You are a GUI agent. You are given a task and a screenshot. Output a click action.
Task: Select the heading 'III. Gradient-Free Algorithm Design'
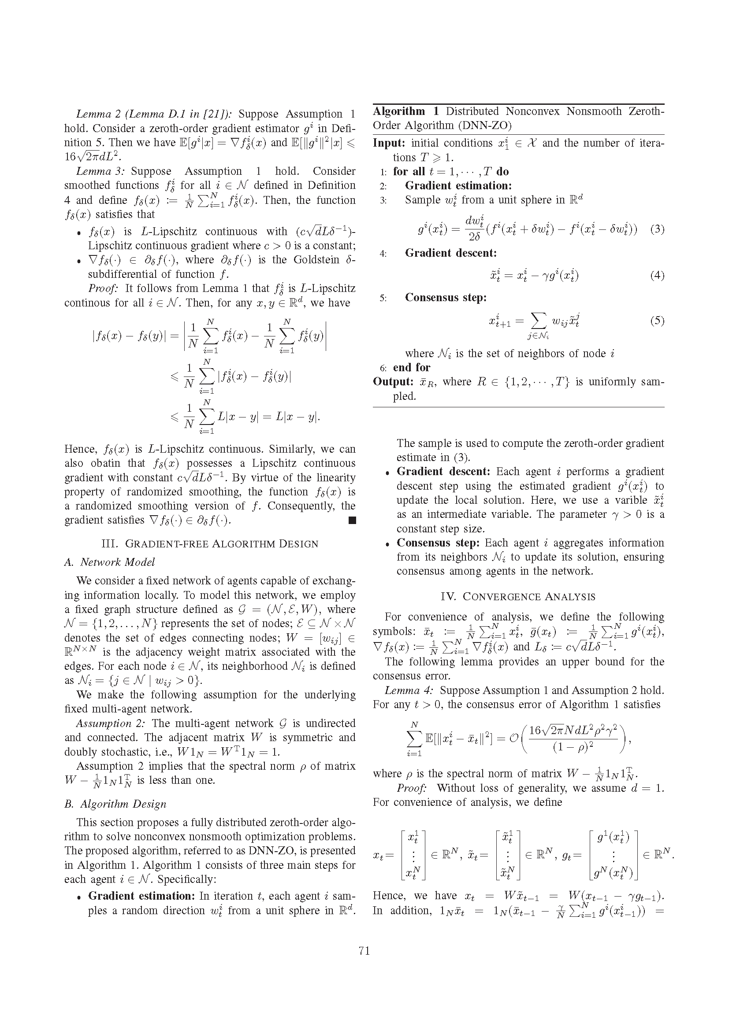(210, 544)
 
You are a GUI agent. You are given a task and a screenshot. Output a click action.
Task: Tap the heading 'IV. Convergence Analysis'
(518, 597)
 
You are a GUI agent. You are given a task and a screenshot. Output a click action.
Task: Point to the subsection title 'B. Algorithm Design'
(115, 804)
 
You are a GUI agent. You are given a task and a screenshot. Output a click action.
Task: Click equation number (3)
(657, 229)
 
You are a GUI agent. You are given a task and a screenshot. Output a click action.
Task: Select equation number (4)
(657, 275)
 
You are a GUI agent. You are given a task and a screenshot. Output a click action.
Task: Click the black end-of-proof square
(352, 521)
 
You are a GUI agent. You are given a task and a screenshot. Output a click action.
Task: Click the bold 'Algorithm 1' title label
(398, 111)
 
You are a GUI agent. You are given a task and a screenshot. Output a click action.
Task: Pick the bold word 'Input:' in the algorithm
(389, 143)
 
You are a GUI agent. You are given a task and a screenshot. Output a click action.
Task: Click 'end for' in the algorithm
(411, 367)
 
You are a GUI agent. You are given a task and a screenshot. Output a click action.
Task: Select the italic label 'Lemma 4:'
(409, 690)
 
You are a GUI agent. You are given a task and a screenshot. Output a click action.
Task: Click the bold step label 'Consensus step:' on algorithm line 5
(445, 298)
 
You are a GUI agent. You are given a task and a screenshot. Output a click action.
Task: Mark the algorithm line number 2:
(383, 186)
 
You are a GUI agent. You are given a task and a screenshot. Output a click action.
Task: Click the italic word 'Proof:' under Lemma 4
(411, 788)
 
